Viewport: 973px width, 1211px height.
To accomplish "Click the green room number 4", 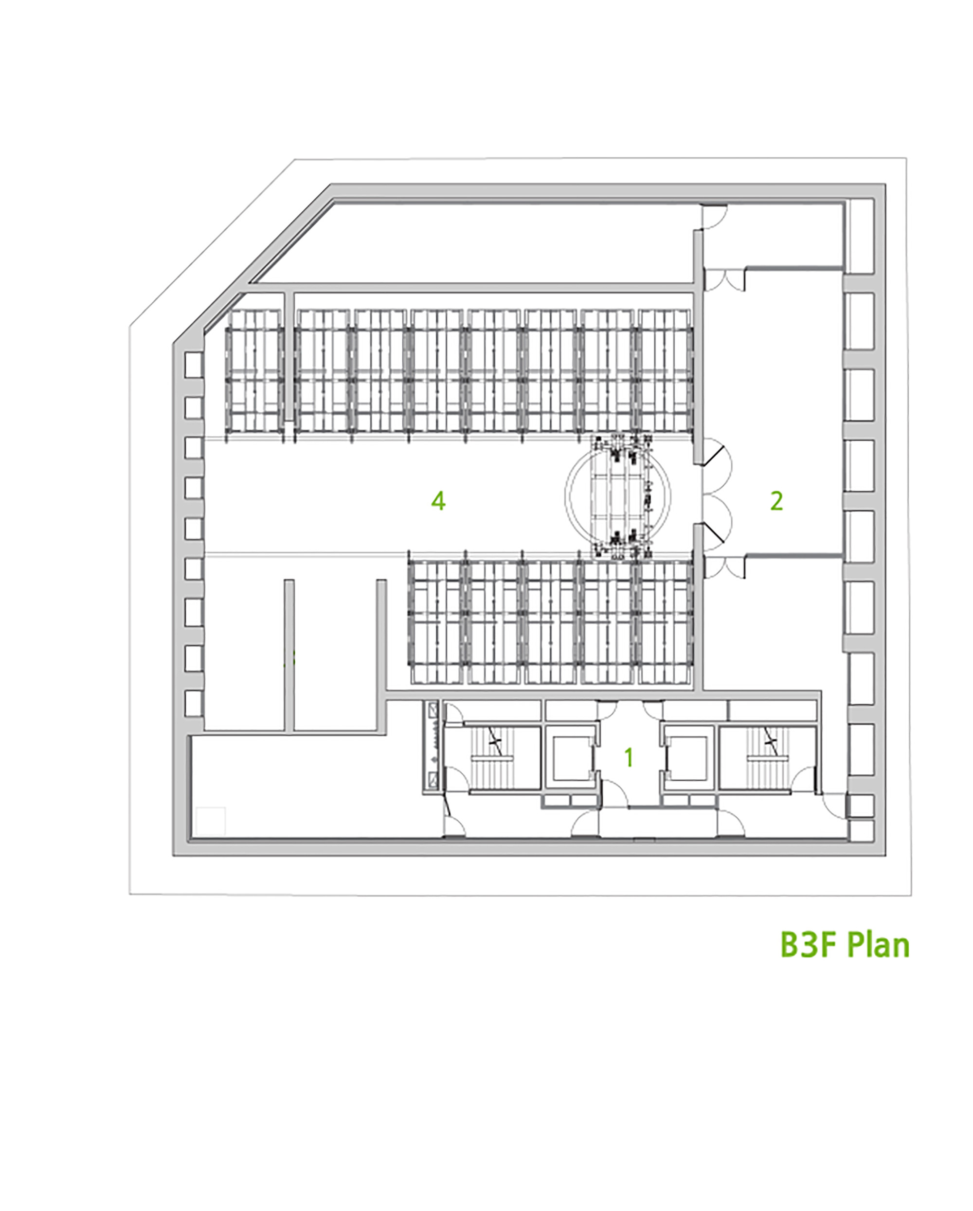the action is [x=438, y=500].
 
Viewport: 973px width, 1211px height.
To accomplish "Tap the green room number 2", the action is [x=776, y=500].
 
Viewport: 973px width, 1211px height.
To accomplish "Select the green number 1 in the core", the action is [x=630, y=758].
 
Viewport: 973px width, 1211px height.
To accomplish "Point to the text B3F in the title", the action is [x=810, y=945].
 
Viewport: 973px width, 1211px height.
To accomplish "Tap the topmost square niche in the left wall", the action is [x=193, y=365].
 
